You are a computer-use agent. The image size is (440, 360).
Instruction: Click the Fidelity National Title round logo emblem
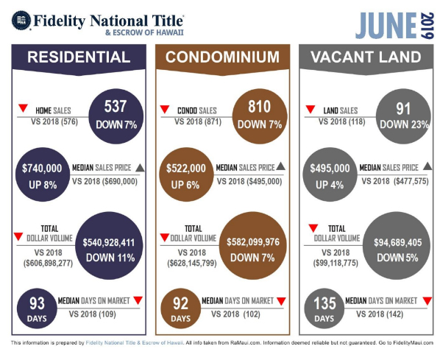click(21, 21)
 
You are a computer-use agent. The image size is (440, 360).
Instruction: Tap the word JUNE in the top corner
click(386, 26)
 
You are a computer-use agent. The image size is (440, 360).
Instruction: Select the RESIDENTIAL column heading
click(79, 57)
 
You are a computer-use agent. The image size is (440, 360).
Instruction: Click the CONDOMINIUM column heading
click(222, 57)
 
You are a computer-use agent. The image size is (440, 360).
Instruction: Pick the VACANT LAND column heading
click(366, 57)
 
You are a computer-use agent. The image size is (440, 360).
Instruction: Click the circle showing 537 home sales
click(116, 116)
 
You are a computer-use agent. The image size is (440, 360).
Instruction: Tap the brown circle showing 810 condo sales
click(260, 116)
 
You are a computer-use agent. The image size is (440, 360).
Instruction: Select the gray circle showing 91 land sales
click(403, 116)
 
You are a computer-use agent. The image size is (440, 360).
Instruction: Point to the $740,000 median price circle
click(43, 174)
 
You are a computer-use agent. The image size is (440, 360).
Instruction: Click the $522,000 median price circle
click(186, 174)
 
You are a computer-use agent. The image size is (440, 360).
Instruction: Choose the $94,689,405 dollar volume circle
click(397, 246)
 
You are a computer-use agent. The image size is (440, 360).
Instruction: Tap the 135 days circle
click(324, 308)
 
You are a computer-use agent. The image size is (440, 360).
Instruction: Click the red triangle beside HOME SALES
click(23, 107)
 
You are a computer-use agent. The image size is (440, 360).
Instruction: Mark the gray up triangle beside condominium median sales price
click(280, 166)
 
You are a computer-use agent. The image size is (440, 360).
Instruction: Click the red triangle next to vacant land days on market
click(427, 301)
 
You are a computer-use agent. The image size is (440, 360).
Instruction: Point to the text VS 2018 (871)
click(198, 121)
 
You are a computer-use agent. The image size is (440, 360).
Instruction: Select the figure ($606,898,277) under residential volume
click(49, 263)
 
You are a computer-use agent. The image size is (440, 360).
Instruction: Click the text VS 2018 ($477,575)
click(395, 181)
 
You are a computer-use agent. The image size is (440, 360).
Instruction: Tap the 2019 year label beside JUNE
click(427, 26)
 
